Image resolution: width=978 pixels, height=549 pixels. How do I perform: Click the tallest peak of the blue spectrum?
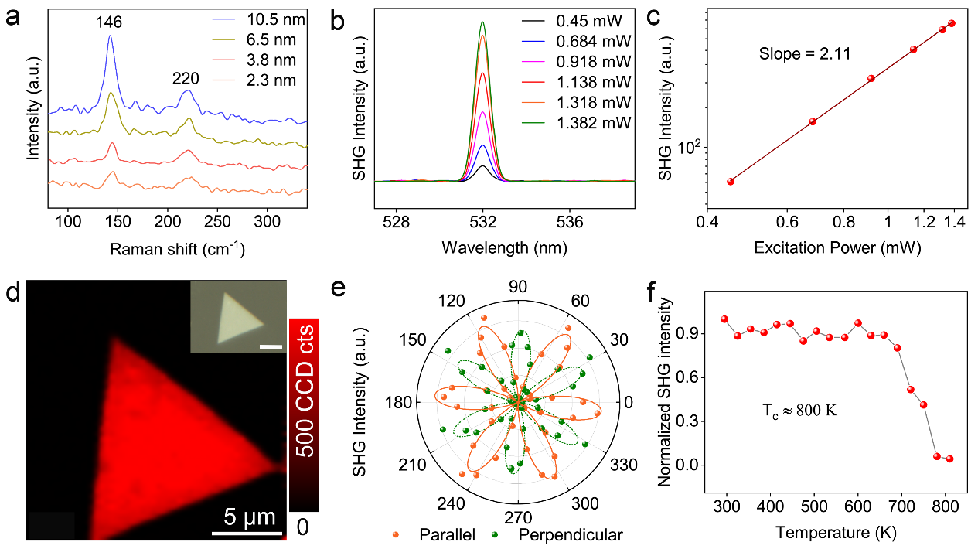110,36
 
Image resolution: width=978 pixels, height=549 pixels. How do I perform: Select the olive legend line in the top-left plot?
223,39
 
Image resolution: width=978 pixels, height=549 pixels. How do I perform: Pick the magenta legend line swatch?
533,60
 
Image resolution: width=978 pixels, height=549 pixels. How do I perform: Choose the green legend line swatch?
533,123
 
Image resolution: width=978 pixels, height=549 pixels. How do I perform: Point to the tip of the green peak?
482,22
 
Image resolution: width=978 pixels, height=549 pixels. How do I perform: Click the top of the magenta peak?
482,113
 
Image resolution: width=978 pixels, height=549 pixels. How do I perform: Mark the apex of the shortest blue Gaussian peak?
482,145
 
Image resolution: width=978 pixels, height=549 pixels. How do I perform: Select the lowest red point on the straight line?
730,181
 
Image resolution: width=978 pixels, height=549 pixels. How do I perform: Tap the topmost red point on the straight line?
952,23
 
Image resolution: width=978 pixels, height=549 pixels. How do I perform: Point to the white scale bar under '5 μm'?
247,532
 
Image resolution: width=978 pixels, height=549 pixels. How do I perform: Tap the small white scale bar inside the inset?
271,346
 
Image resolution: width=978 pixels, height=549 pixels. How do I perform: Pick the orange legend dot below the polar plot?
395,534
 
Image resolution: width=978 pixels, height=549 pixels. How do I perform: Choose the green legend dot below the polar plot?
494,534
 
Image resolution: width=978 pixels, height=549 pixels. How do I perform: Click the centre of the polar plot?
519,402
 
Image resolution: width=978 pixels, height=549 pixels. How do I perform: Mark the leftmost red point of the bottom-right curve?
724,319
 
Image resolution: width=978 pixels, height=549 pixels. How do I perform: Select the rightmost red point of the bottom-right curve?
949,459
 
